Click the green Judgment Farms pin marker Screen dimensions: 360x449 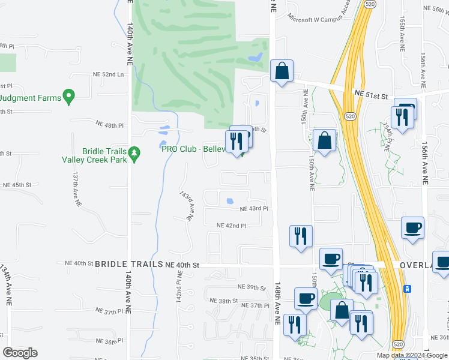pos(68,96)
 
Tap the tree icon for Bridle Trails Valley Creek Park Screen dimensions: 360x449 pos(135,154)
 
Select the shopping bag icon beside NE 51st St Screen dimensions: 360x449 pos(282,72)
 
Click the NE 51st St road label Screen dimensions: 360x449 pos(372,94)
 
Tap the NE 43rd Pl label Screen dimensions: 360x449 pos(253,209)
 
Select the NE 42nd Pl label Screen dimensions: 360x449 pos(232,226)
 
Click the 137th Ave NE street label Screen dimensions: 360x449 pos(76,191)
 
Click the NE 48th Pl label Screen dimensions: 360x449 pos(109,124)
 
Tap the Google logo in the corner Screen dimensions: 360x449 pos(20,353)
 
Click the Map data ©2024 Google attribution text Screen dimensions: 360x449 pos(412,355)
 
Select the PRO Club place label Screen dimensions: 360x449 pos(193,149)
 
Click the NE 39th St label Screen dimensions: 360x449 pos(252,287)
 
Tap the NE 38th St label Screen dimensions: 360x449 pos(224,301)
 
